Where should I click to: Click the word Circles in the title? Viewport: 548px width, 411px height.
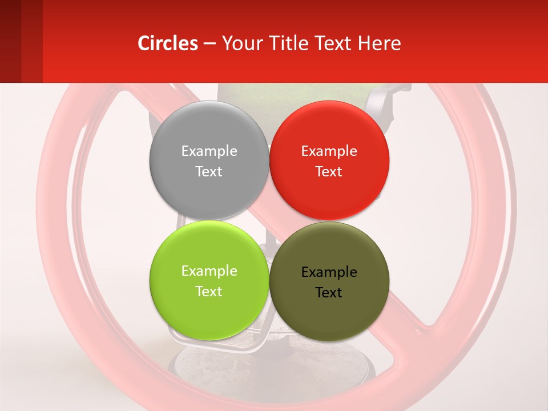click(x=168, y=43)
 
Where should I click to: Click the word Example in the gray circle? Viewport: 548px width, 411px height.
click(x=209, y=151)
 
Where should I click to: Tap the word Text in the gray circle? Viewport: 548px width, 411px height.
click(x=209, y=172)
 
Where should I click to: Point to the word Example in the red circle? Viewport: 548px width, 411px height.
click(x=329, y=151)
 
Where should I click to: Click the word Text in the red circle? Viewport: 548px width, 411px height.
click(x=329, y=172)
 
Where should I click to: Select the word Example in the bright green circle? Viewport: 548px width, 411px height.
click(x=209, y=271)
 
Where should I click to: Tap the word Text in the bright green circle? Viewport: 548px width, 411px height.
click(x=209, y=292)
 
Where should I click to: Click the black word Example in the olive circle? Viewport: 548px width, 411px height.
click(x=329, y=272)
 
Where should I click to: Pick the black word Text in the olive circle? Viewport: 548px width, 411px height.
click(x=329, y=293)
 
